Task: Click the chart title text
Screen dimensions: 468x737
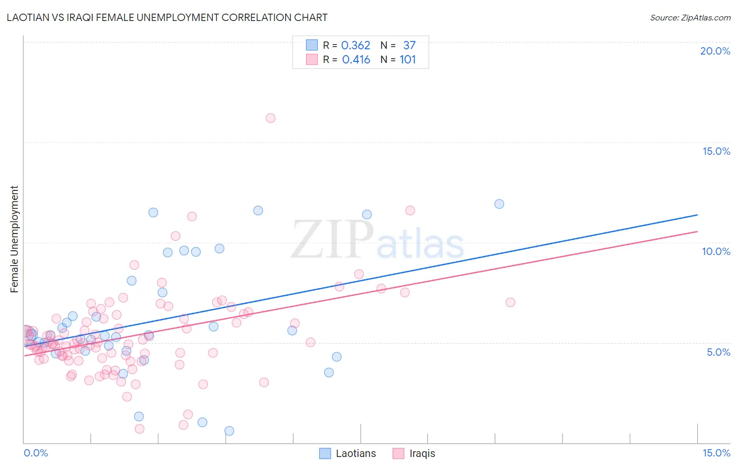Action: point(167,17)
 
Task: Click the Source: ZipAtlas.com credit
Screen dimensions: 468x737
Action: point(690,17)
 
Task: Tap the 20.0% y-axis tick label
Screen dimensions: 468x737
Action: point(715,51)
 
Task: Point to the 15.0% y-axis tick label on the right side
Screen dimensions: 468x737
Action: point(716,151)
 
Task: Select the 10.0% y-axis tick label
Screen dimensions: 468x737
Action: point(716,251)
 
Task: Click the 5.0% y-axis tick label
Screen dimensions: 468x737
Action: point(718,352)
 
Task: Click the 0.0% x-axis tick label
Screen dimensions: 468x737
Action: point(36,453)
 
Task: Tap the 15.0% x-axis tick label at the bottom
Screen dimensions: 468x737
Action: point(716,453)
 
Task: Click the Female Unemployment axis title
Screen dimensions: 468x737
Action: point(14,239)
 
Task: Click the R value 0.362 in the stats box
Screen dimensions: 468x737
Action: point(355,45)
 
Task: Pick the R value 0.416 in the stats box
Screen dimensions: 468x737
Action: point(356,59)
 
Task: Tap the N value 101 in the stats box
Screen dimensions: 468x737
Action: point(408,59)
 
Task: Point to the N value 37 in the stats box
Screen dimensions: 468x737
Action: point(409,45)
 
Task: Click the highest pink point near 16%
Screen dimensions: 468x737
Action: point(270,118)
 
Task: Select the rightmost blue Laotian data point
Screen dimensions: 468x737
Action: point(499,204)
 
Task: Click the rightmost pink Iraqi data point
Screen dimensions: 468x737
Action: point(510,302)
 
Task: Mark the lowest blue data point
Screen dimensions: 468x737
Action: point(229,431)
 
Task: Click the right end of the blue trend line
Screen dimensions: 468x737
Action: point(697,215)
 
